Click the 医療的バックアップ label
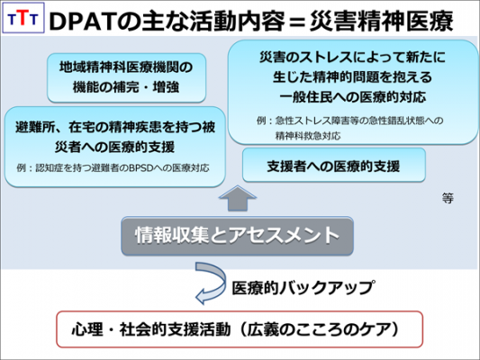[x=290, y=289]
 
